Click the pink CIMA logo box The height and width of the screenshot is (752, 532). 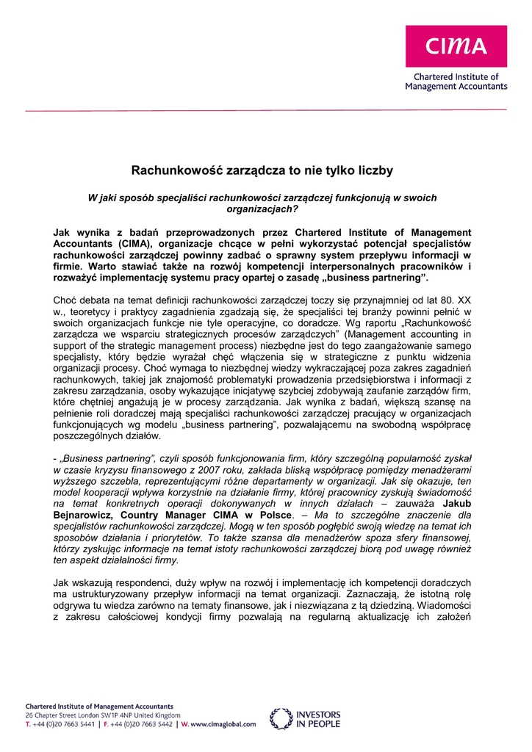pyautogui.click(x=456, y=46)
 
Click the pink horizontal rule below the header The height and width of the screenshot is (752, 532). pyautogui.click(x=266, y=110)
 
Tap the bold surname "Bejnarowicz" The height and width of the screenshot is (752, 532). pyautogui.click(x=85, y=516)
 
